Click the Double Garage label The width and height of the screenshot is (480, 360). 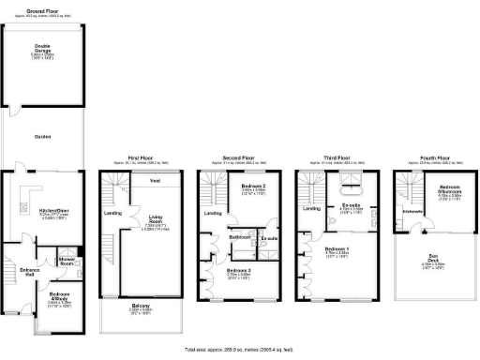pos(43,46)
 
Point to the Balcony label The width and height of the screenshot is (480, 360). pos(140,313)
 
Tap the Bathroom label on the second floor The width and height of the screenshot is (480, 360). pos(238,237)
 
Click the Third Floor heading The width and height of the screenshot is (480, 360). pos(337,158)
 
